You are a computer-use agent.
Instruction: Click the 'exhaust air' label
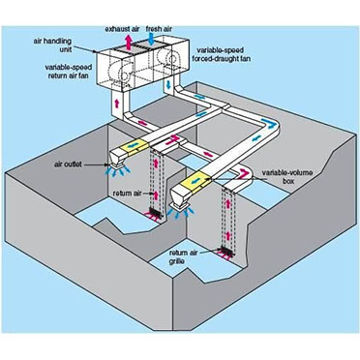(x=122, y=29)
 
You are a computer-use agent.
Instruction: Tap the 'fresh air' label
(x=159, y=29)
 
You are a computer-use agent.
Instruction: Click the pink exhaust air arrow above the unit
(x=129, y=42)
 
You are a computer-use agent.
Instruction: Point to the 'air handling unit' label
(x=52, y=45)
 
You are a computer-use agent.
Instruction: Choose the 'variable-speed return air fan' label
(x=68, y=72)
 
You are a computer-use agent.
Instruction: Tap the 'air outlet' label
(x=68, y=165)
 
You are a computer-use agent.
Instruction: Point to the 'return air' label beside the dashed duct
(x=127, y=194)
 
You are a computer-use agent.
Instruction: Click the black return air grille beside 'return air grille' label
(x=226, y=252)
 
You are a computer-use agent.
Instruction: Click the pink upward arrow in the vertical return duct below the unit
(x=117, y=104)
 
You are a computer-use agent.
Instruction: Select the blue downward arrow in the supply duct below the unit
(x=168, y=86)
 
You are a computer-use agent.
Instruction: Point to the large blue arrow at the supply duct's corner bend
(x=268, y=123)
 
